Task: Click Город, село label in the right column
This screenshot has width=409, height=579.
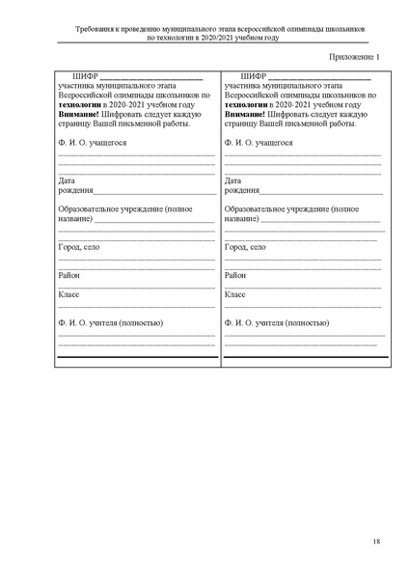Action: pyautogui.click(x=245, y=247)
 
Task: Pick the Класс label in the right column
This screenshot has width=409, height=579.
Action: pyautogui.click(x=235, y=293)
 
